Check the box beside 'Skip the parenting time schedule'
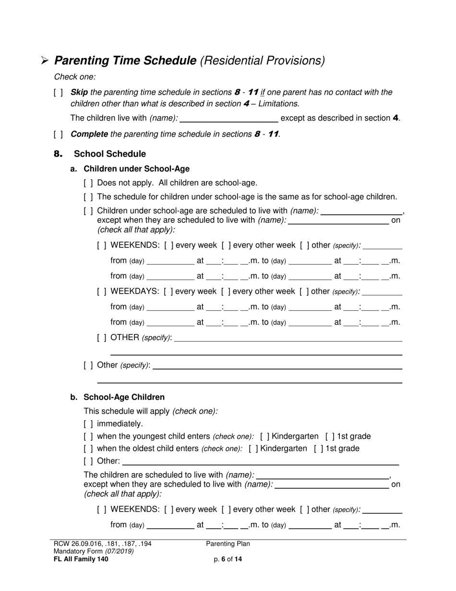point(58,92)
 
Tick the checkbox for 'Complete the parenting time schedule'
point(58,134)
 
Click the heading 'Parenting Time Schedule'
point(125,61)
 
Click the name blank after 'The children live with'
point(228,118)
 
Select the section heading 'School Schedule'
point(110,154)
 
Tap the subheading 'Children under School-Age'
point(136,169)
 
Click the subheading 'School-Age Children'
point(124,397)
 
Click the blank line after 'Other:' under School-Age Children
point(261,461)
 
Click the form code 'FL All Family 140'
point(81,559)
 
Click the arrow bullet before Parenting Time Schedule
point(45,61)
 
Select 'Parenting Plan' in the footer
point(228,544)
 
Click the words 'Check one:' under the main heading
point(75,76)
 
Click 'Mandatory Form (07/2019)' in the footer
point(94,551)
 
